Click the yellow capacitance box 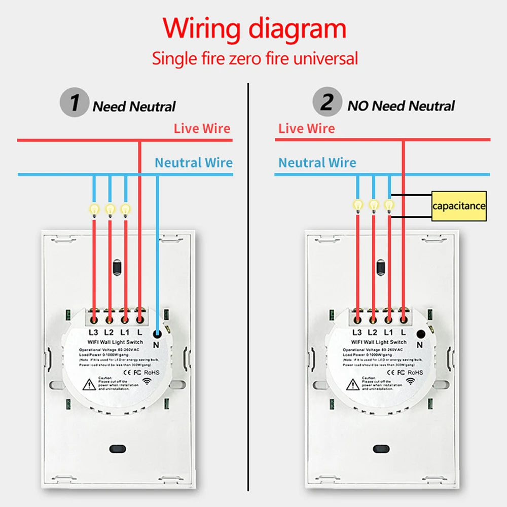click(459, 206)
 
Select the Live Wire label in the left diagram click(202, 128)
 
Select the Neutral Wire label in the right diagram click(317, 163)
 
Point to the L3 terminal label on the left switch click(93, 333)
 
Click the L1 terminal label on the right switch click(388, 333)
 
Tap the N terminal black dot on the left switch click(157, 334)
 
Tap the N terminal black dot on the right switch click(420, 334)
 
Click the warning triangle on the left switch click(89, 384)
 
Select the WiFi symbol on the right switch click(410, 381)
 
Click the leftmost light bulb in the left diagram click(94, 209)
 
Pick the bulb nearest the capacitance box click(389, 205)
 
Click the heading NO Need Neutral click(401, 106)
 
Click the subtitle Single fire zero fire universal click(255, 58)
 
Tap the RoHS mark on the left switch click(152, 372)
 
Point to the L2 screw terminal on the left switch click(109, 319)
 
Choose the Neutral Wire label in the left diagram click(194, 163)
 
